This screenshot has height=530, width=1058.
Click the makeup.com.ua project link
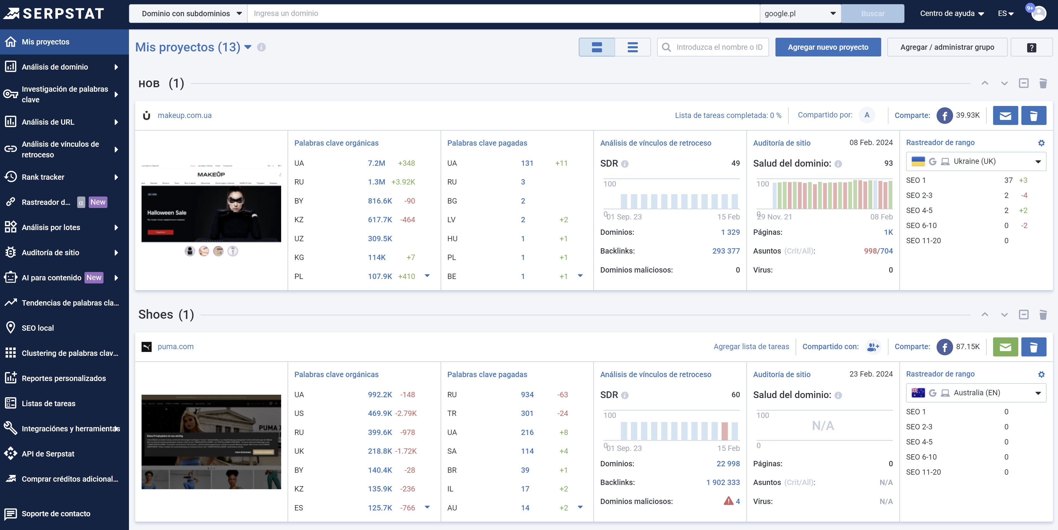(x=184, y=115)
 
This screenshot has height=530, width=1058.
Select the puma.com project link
(x=175, y=347)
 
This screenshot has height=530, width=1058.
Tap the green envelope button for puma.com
(x=1005, y=347)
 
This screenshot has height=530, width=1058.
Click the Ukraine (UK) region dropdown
(x=975, y=161)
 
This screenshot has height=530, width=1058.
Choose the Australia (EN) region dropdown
(x=975, y=393)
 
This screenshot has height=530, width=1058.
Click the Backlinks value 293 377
(x=726, y=251)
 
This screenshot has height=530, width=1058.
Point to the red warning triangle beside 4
(x=728, y=501)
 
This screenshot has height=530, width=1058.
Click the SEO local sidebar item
(x=38, y=328)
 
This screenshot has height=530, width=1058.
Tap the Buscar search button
(x=872, y=13)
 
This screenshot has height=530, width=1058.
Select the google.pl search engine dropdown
(x=800, y=13)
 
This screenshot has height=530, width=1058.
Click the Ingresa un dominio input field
(x=503, y=13)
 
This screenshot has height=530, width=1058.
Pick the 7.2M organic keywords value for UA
(x=376, y=163)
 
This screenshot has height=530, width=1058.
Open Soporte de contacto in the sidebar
(x=56, y=514)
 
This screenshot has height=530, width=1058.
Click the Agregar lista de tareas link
(x=751, y=347)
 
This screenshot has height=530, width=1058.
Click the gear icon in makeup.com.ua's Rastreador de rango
(x=1041, y=143)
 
